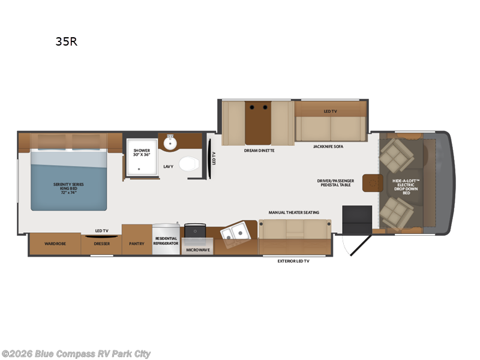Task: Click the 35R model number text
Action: [67, 41]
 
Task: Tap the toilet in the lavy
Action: [189, 164]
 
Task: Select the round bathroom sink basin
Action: [170, 143]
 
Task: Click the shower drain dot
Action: [139, 169]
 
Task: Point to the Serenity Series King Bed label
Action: [68, 188]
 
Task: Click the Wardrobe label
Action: [55, 244]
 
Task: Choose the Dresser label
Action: [101, 244]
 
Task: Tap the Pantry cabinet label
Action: [137, 244]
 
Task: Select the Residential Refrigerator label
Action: [166, 241]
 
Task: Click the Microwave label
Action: [198, 250]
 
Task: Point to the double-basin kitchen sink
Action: [236, 234]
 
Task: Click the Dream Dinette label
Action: [259, 151]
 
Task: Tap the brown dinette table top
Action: [258, 123]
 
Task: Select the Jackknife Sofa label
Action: [328, 146]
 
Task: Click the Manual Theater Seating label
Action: [294, 212]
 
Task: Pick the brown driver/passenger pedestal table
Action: [373, 183]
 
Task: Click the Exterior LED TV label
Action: [293, 261]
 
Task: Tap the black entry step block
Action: [357, 219]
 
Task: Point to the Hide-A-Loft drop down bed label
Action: [406, 187]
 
